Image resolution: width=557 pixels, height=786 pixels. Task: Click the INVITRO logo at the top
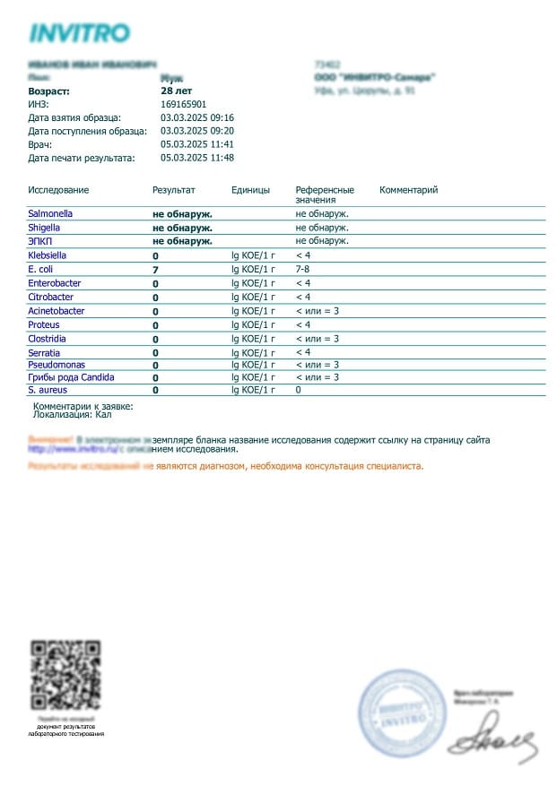coord(79,33)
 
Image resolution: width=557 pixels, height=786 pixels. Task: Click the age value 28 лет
coord(177,91)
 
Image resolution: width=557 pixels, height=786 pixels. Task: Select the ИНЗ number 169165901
coord(183,104)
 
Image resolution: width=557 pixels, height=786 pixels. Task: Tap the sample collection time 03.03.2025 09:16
coord(197,117)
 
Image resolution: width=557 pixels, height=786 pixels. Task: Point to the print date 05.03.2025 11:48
coord(197,158)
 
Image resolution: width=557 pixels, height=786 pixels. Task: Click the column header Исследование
coord(58,190)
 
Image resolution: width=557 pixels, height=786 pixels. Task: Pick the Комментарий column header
coord(408,190)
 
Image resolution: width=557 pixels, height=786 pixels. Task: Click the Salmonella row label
coord(50,214)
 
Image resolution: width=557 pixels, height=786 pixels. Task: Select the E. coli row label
coord(41,269)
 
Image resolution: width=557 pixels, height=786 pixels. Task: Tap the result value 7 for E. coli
coord(155,270)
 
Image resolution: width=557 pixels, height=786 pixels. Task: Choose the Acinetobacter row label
coord(57,311)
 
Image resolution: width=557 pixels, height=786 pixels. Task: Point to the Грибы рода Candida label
coord(71,377)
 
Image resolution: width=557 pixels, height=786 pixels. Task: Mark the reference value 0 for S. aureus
coord(299,390)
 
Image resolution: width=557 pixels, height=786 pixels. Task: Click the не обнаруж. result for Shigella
coord(182,228)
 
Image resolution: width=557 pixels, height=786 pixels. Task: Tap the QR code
coord(65,675)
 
